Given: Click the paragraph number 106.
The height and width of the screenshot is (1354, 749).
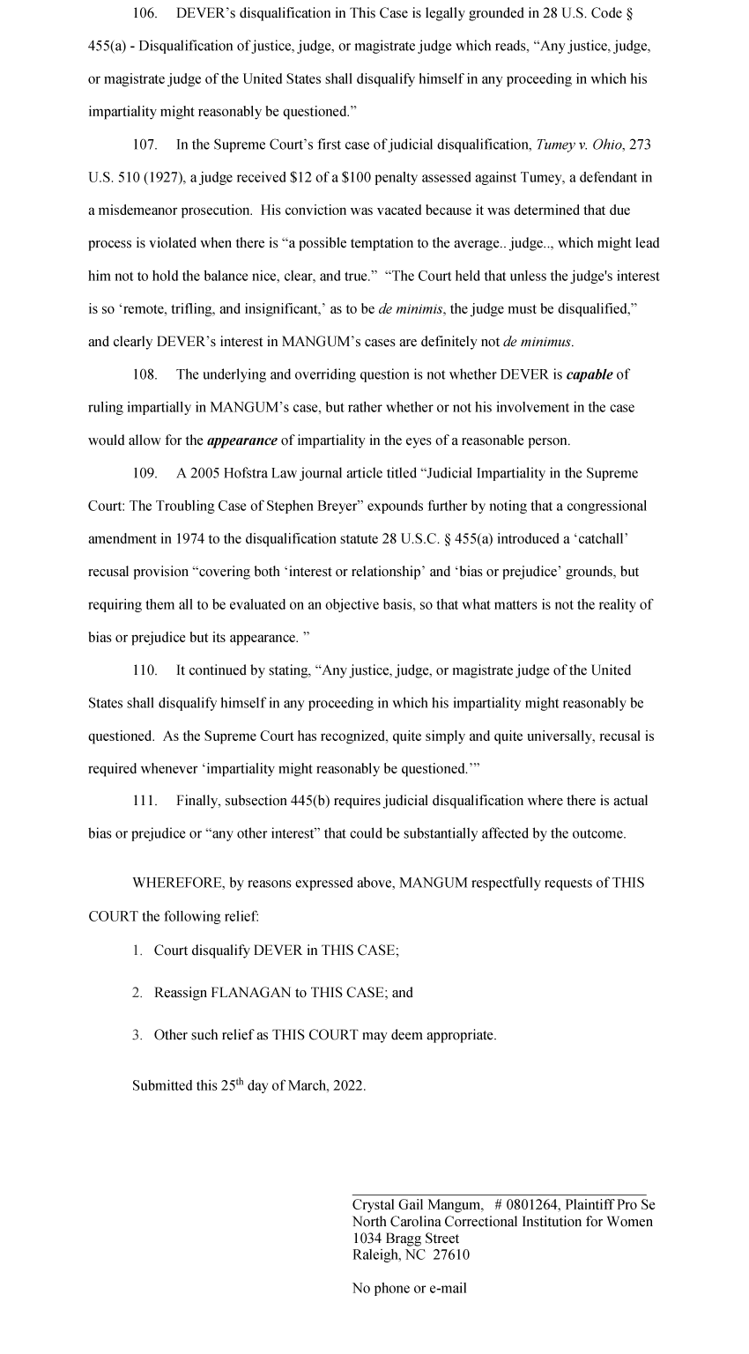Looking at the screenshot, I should tap(145, 13).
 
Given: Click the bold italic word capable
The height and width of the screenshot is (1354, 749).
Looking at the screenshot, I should tap(589, 374).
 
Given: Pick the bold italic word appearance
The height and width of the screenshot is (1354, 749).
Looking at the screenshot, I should tap(241, 440).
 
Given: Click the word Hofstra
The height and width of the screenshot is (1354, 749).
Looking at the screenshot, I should tap(244, 473).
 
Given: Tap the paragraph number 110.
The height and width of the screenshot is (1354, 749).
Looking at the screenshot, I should tap(145, 670).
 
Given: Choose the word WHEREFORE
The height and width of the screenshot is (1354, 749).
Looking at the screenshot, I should tap(175, 883).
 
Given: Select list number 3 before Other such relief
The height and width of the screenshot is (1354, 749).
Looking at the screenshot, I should tap(137, 1035).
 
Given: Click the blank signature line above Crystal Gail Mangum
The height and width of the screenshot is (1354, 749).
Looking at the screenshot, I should tap(499, 1193).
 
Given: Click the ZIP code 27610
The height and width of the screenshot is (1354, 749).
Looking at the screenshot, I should tap(451, 1255).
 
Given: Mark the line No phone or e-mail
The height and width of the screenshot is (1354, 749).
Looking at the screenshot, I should tap(409, 1289).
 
